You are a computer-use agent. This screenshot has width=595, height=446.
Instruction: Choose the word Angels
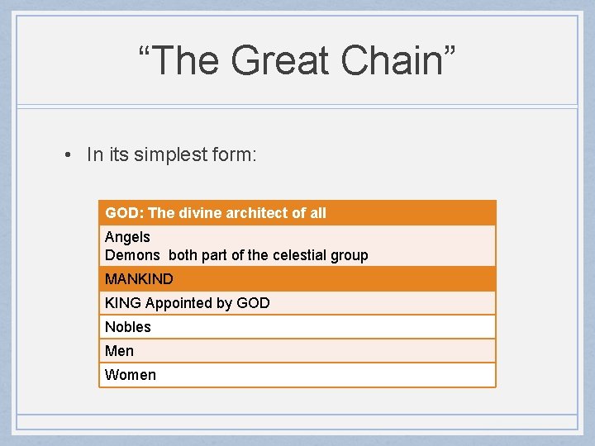pos(127,237)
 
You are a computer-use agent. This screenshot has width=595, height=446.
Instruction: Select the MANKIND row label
pos(139,279)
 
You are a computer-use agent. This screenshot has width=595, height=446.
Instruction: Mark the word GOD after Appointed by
pos(253,303)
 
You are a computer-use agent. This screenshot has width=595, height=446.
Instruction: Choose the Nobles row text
pos(128,327)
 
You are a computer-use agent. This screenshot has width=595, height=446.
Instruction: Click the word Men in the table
pos(119,351)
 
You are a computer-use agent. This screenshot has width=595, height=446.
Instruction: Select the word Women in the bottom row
pos(131,375)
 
